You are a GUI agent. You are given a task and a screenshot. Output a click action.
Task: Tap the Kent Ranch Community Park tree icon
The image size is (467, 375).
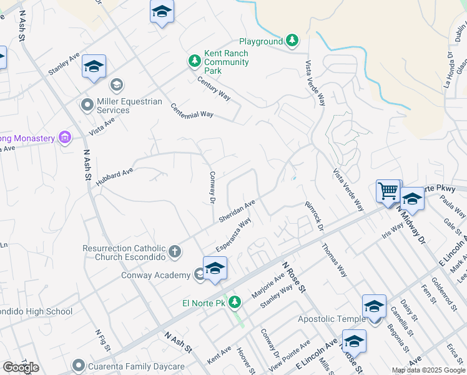[x=195, y=61]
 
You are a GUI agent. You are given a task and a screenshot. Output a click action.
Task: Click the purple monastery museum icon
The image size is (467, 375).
[x=64, y=137]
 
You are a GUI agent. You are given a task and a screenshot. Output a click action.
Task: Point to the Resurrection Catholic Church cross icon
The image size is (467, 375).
[x=175, y=252]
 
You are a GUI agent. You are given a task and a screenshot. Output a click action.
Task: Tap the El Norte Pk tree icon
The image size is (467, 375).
[x=235, y=303]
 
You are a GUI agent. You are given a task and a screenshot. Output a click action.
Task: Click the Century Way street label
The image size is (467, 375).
[x=214, y=88]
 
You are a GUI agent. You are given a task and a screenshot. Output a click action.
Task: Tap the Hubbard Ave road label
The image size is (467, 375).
[x=116, y=171]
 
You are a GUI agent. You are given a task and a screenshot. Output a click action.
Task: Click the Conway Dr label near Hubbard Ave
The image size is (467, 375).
[x=212, y=187]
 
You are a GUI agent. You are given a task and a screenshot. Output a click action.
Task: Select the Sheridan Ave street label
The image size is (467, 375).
[x=237, y=211]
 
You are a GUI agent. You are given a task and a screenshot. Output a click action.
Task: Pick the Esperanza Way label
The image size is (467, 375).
[x=234, y=235]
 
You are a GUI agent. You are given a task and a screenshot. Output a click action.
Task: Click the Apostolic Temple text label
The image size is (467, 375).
[x=332, y=319]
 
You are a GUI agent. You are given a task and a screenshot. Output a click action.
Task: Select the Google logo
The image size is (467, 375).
[x=21, y=367]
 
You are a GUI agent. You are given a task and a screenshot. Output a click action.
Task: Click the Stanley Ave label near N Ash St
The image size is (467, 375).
[x=64, y=64]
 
